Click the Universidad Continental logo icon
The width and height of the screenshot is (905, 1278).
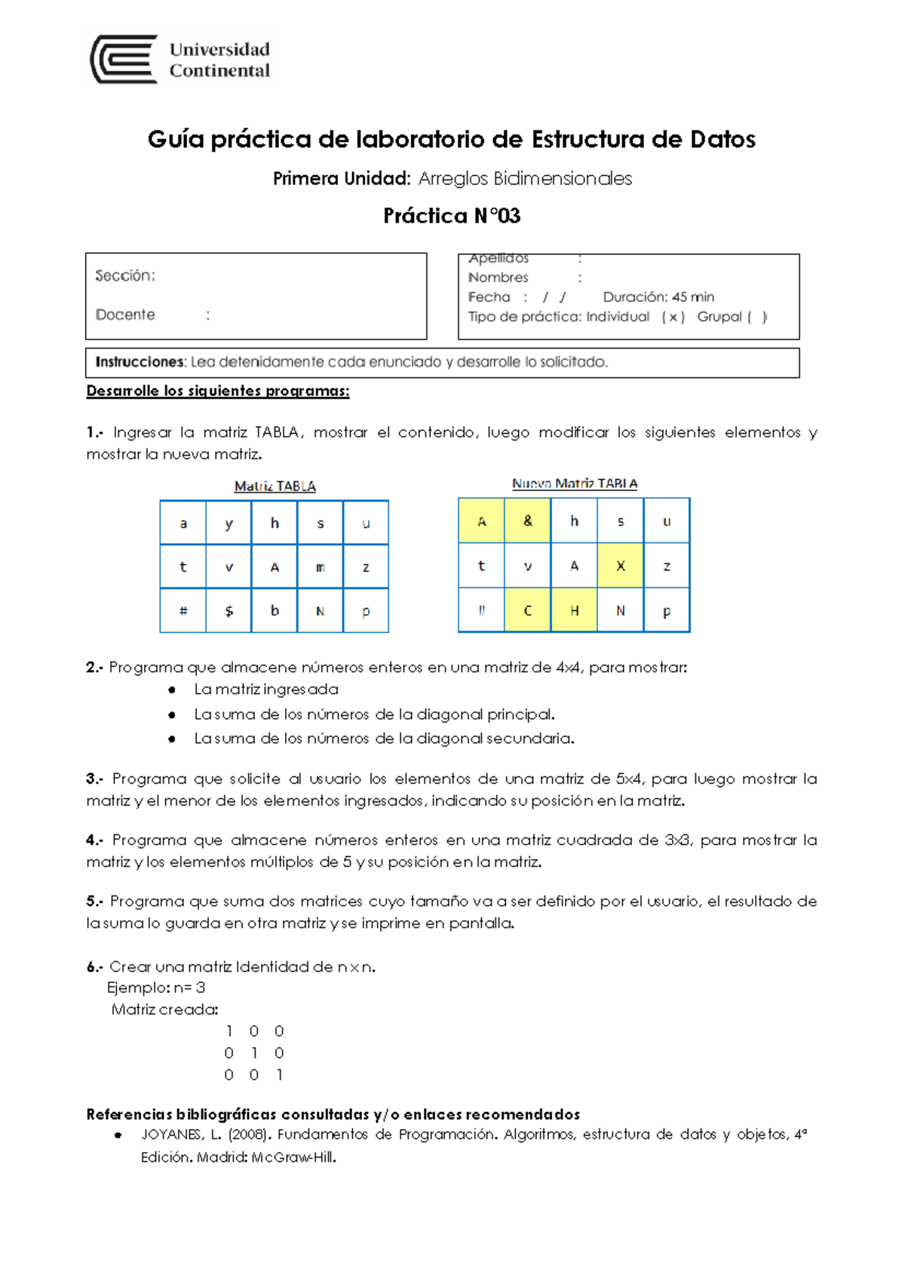pyautogui.click(x=124, y=59)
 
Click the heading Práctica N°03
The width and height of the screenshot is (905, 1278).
pyautogui.click(x=452, y=216)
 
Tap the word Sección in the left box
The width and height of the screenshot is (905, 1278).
pyautogui.click(x=124, y=275)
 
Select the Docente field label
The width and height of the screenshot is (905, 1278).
pyautogui.click(x=125, y=315)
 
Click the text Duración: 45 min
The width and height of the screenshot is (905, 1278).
pyautogui.click(x=658, y=296)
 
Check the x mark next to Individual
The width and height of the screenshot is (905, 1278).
pyautogui.click(x=673, y=317)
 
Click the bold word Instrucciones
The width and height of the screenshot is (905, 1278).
pyautogui.click(x=140, y=362)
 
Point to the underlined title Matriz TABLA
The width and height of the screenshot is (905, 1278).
pyautogui.click(x=275, y=487)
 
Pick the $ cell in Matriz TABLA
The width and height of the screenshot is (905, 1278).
pyautogui.click(x=229, y=611)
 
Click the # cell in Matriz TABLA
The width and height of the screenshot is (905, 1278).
pyautogui.click(x=183, y=611)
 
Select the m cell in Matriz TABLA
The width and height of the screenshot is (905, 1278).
pyautogui.click(x=320, y=567)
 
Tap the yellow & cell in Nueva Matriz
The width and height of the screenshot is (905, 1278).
pyautogui.click(x=527, y=521)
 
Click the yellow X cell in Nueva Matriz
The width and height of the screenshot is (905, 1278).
pyautogui.click(x=620, y=566)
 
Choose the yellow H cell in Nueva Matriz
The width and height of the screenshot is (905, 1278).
pyautogui.click(x=574, y=610)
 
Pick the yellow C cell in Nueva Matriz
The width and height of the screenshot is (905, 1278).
pyautogui.click(x=527, y=610)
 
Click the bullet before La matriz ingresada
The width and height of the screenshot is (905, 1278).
pyautogui.click(x=172, y=690)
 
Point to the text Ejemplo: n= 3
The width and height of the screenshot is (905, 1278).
pyautogui.click(x=156, y=988)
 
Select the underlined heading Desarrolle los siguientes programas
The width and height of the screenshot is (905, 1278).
pyautogui.click(x=218, y=391)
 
